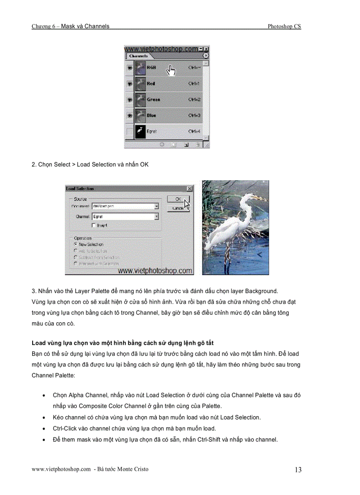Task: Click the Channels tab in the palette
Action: click(x=138, y=56)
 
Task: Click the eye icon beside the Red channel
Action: click(x=129, y=83)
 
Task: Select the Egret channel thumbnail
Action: click(x=140, y=131)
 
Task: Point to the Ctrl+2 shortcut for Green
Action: click(x=195, y=100)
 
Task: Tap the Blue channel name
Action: click(x=151, y=115)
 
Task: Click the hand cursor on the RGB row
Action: click(x=170, y=69)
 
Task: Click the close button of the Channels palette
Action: click(x=206, y=49)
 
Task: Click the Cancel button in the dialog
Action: click(x=178, y=208)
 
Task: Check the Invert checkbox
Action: click(x=94, y=225)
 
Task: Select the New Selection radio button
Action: click(x=76, y=244)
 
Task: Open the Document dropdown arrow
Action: click(x=156, y=206)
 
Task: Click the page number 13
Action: click(x=298, y=470)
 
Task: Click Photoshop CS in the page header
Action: click(x=284, y=26)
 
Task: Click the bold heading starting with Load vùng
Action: click(x=123, y=342)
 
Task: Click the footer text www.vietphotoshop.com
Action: click(x=61, y=469)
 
